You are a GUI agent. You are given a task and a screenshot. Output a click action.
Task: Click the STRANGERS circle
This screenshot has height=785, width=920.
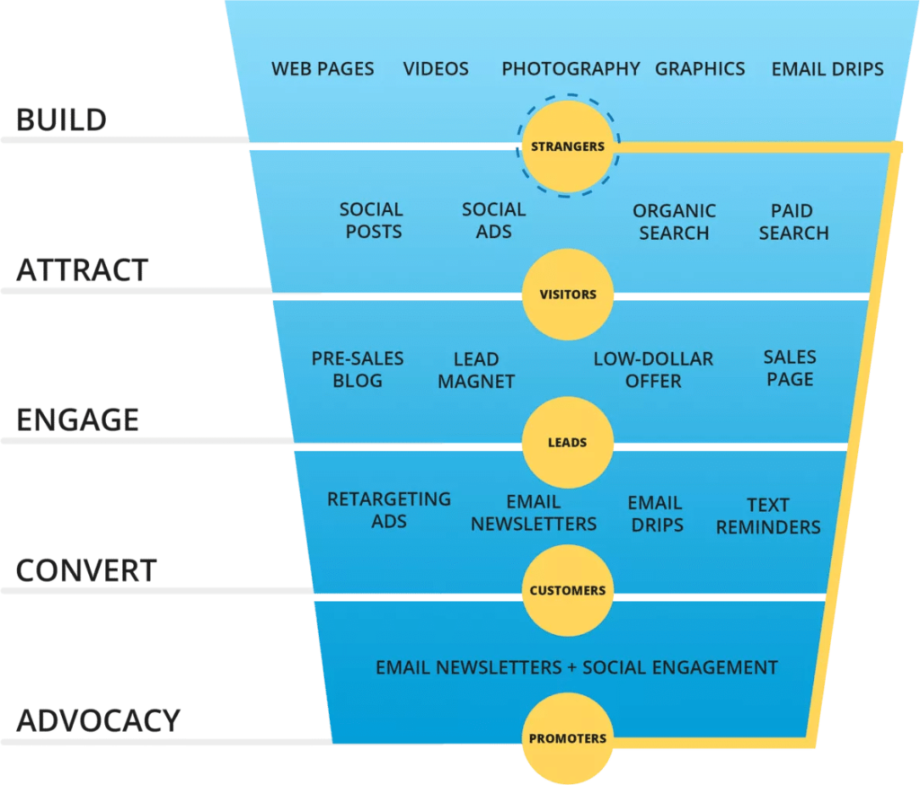coord(567,146)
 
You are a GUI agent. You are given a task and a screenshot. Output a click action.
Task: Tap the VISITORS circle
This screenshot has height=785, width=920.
coord(567,295)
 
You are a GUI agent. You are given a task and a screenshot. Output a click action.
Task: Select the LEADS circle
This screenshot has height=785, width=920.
coord(567,443)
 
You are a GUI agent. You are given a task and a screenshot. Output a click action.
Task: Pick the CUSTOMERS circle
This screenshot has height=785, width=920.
coord(567,591)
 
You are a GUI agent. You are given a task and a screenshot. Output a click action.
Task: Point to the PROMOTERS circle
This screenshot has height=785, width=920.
coord(567,739)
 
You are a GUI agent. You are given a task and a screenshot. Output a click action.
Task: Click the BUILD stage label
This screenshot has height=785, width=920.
coord(61,120)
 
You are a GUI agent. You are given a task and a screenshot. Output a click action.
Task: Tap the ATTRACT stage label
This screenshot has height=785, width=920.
coord(81,270)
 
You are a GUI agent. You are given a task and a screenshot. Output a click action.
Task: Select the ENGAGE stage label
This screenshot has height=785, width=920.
coord(78,419)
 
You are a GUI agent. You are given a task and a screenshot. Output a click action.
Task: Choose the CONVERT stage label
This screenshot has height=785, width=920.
coord(86,570)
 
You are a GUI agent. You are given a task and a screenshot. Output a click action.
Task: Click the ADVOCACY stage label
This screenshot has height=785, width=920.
coord(98,720)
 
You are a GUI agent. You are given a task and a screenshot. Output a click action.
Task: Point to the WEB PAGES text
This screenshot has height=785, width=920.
coord(323,69)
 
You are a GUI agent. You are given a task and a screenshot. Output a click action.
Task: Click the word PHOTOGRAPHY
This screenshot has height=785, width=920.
coord(571,69)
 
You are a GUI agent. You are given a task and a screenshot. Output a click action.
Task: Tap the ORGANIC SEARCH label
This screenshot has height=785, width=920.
coord(674,222)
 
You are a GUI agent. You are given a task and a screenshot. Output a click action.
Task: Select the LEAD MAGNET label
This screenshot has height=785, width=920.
coord(476,370)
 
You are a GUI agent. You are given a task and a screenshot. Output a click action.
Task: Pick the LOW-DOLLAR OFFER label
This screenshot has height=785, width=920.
coord(653,370)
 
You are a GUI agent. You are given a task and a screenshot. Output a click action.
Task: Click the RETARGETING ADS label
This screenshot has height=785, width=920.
coord(389,510)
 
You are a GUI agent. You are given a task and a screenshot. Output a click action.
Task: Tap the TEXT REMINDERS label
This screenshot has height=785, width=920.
coord(768,516)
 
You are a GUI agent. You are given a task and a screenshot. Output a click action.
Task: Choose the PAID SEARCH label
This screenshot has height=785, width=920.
coord(793,222)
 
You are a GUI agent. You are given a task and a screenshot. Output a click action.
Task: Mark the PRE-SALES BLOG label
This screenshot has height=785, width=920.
coord(358,369)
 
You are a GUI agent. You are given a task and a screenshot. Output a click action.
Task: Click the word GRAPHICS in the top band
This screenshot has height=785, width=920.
coord(700,69)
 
